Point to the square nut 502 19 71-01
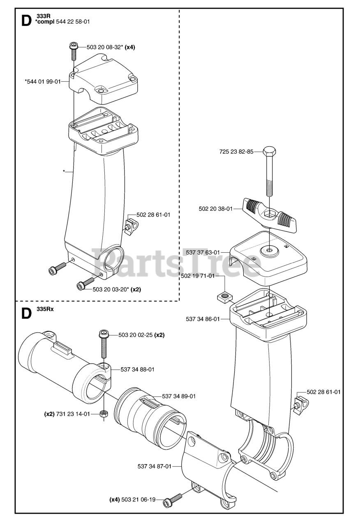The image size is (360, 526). point(224,295)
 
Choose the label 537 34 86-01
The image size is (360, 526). point(203,318)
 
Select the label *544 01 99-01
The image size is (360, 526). point(42,81)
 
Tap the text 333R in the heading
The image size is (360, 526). point(40,16)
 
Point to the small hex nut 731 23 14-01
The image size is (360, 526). point(104,414)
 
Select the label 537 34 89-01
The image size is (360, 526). point(179,396)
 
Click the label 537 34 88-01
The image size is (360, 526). point(138,369)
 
